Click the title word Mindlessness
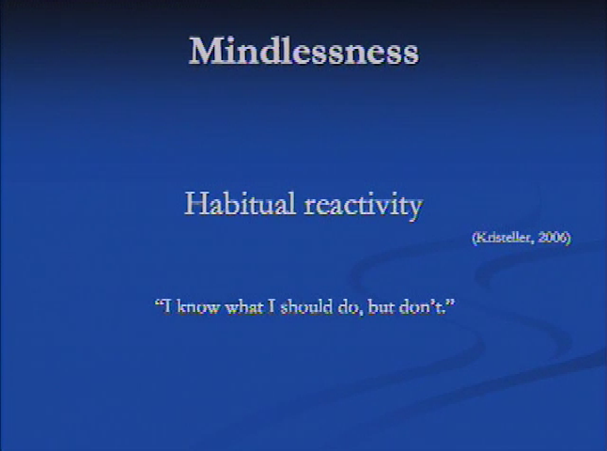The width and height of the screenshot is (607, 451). [303, 51]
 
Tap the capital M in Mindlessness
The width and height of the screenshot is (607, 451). [205, 51]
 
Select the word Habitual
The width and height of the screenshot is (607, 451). [240, 204]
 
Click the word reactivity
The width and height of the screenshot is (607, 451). [364, 205]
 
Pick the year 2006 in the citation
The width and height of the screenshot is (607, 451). [553, 238]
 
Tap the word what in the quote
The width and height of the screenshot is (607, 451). [244, 306]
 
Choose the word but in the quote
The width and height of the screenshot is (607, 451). [381, 306]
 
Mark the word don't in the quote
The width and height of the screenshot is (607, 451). [421, 306]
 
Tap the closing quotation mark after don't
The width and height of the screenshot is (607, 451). [451, 303]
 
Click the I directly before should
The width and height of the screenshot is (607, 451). [272, 306]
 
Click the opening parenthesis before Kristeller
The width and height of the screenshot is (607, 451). [475, 238]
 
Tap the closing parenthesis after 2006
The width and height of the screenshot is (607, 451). [568, 238]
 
